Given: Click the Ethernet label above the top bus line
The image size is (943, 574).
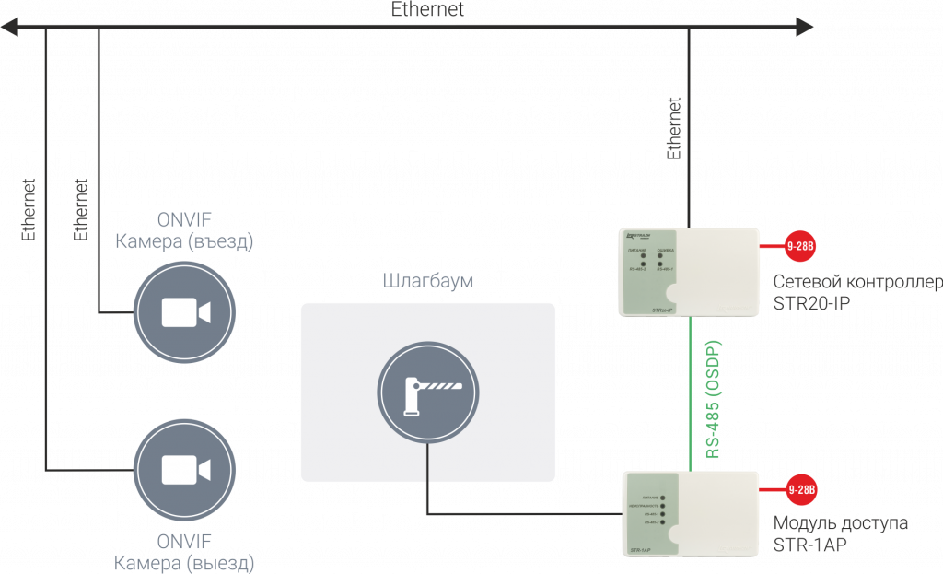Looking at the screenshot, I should pos(427,10).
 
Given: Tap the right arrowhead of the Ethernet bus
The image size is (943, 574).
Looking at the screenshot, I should pos(807,29).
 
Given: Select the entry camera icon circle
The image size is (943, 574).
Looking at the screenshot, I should pos(184,312).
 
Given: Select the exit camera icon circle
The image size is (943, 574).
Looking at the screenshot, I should pos(184,470).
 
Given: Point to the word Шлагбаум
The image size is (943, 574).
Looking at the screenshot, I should pos(428,280).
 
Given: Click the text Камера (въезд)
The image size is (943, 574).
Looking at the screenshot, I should pos(183,242).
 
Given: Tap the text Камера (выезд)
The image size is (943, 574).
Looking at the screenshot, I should pos(184,562).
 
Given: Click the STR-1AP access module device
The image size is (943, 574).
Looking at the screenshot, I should pos(690,514).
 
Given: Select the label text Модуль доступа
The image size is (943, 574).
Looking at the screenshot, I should pos(841,523).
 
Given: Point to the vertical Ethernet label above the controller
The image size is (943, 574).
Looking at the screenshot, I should pos(674,128).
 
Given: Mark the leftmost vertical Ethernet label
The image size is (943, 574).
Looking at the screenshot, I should pos(29,209).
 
